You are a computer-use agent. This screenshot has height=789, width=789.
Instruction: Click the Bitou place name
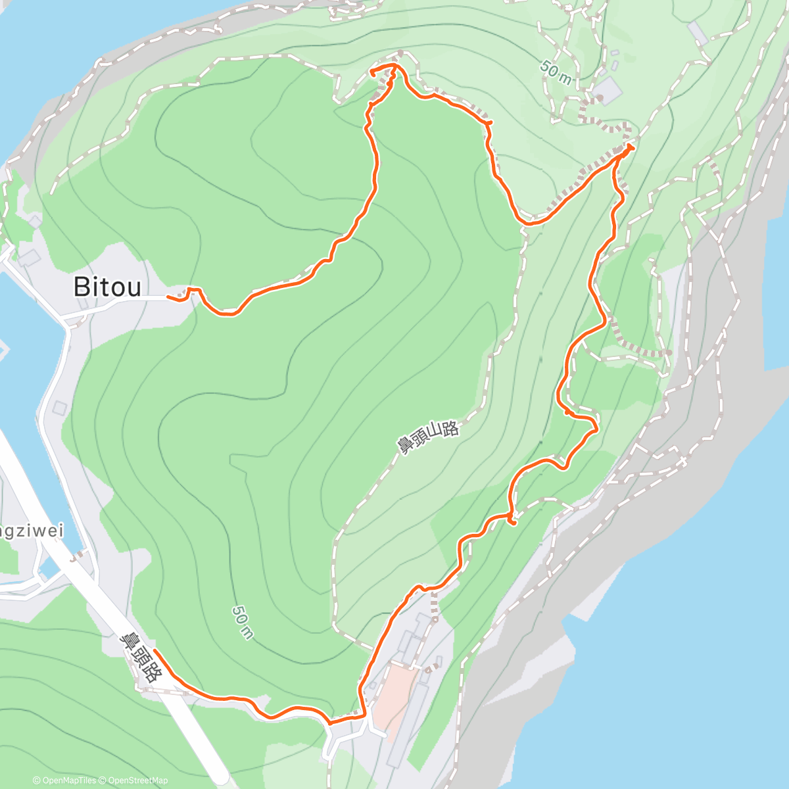click(x=107, y=287)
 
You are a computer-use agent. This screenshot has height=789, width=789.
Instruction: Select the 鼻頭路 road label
click(x=141, y=656)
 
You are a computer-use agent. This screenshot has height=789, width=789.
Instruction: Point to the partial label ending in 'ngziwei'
click(x=32, y=530)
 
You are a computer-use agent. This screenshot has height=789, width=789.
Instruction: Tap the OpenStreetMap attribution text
click(x=137, y=780)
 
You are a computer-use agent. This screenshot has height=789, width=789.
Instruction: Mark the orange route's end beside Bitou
click(x=168, y=297)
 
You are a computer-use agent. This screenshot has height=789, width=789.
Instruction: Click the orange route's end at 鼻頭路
click(x=155, y=651)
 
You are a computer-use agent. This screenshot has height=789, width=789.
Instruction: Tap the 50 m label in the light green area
click(x=556, y=72)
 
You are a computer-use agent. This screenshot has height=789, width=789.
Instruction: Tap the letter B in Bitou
click(x=82, y=287)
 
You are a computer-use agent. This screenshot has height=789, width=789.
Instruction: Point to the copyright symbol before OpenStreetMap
click(x=104, y=780)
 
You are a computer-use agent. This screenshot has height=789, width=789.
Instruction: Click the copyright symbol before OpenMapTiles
click(x=37, y=780)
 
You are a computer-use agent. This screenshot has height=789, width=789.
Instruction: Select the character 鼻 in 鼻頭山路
click(x=403, y=446)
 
